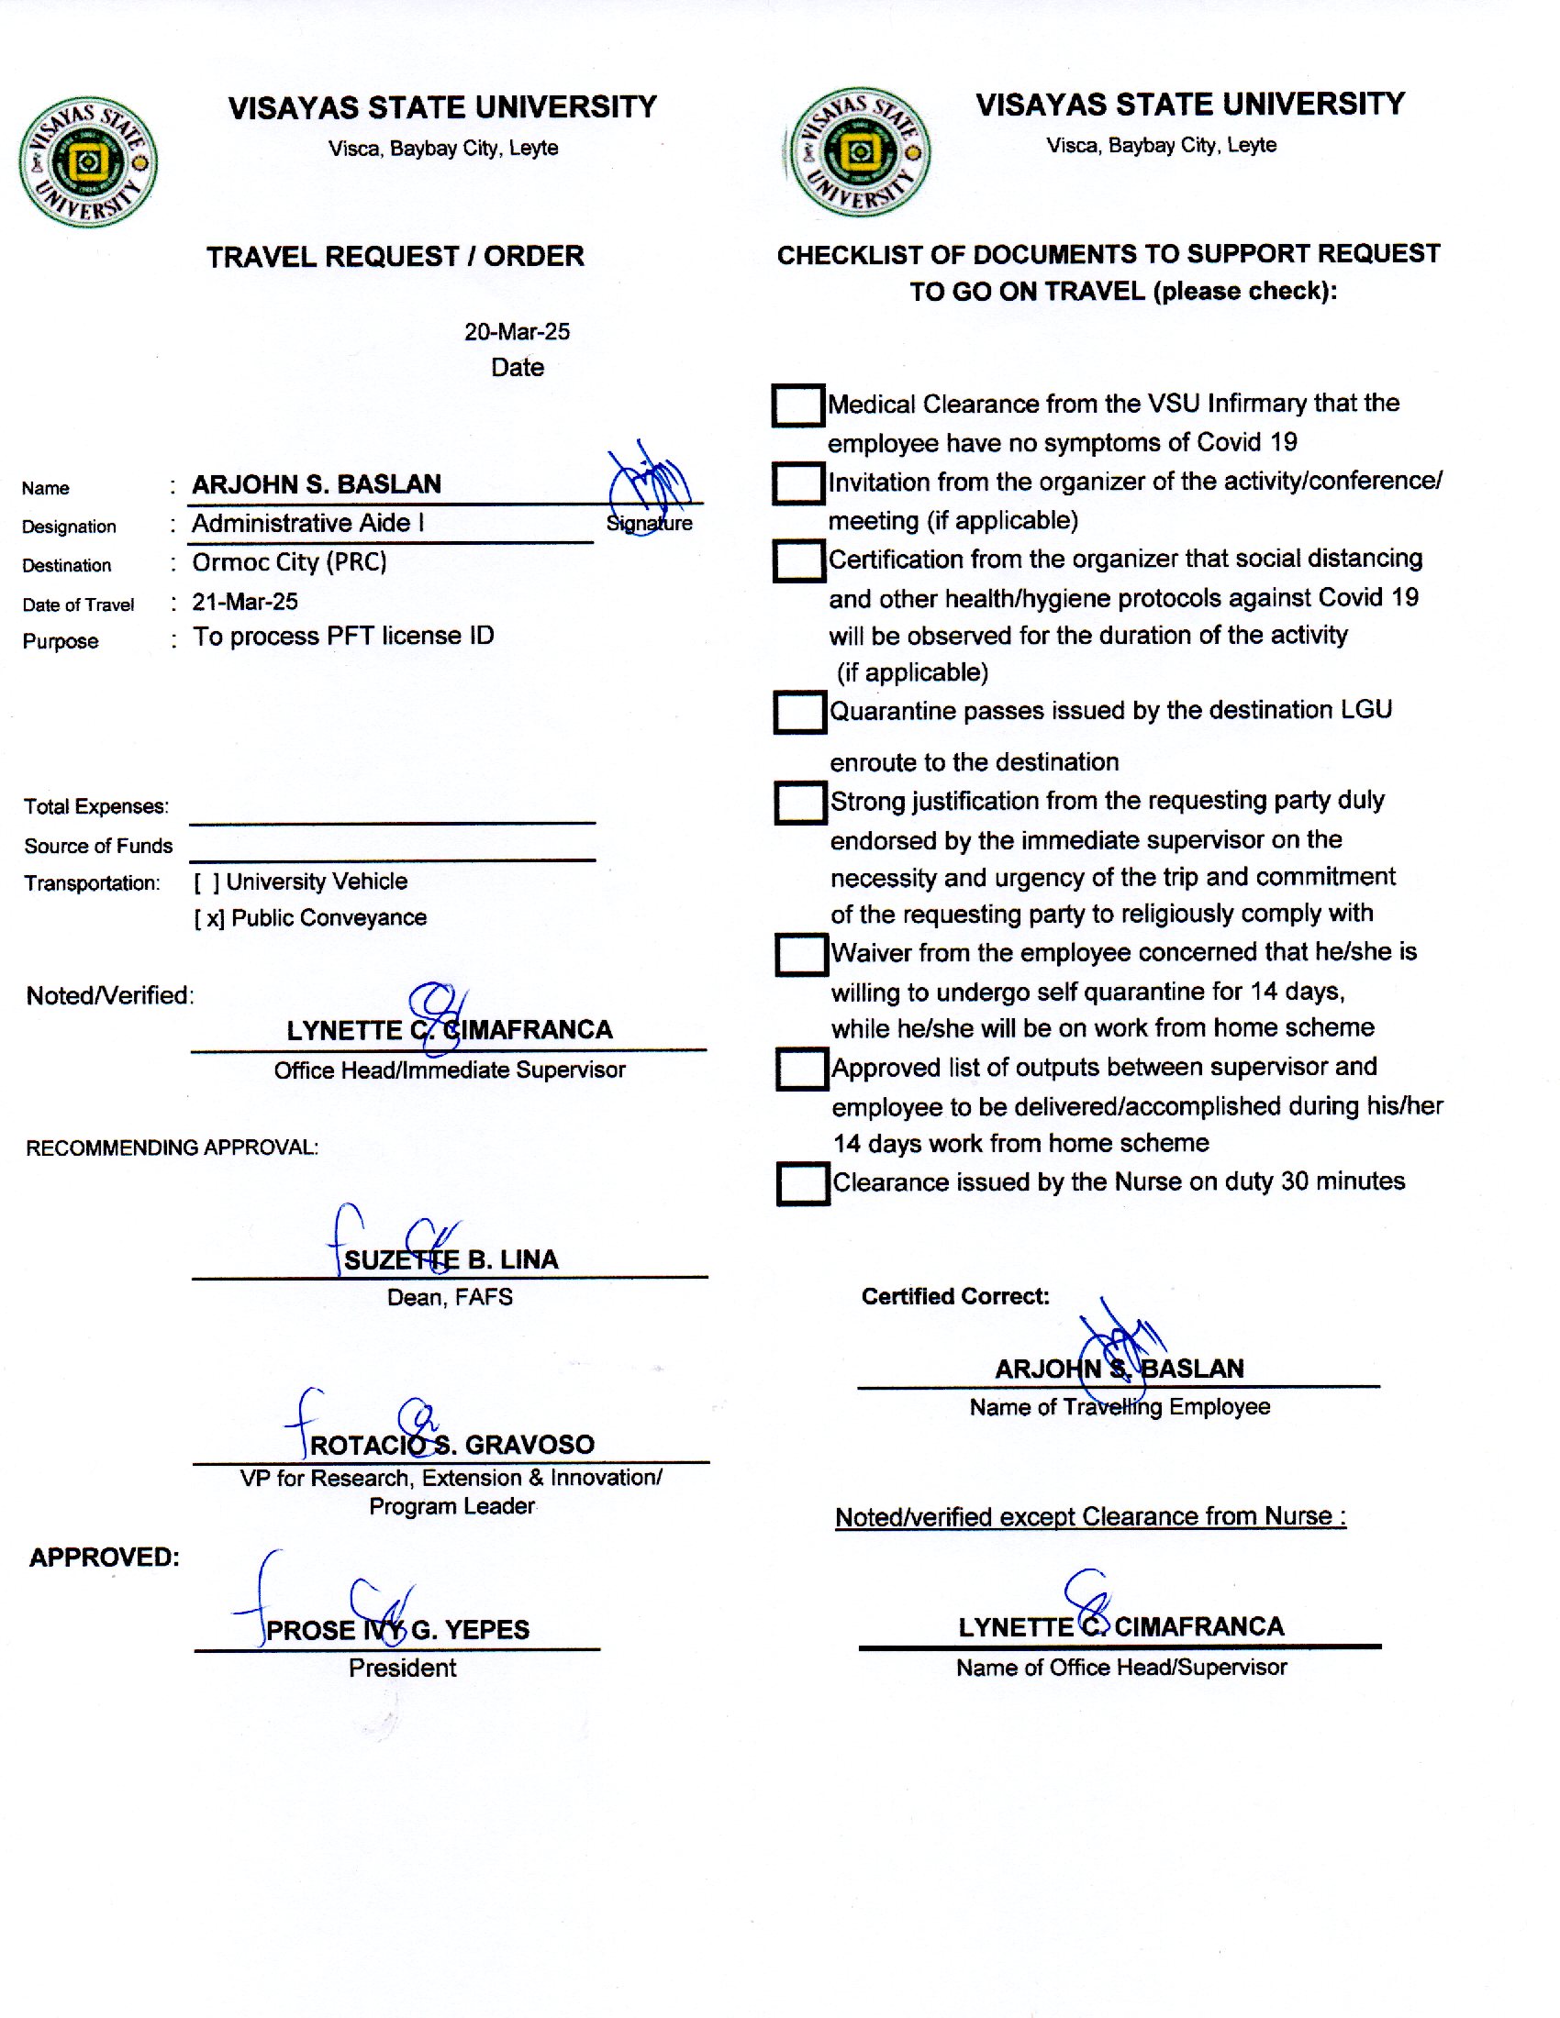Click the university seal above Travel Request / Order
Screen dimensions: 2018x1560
(88, 162)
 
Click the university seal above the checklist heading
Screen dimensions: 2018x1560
(858, 152)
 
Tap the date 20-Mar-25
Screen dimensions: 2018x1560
(517, 332)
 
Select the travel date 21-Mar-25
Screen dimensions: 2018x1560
(245, 602)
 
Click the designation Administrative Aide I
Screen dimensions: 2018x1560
(307, 523)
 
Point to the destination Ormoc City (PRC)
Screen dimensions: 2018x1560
(289, 561)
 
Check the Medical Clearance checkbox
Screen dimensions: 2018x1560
(797, 405)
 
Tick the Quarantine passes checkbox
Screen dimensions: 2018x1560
(799, 712)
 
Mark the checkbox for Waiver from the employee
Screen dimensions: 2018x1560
(800, 955)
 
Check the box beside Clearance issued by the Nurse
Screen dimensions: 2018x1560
(802, 1183)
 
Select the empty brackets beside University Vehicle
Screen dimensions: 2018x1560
(207, 882)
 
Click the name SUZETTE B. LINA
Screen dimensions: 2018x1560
(451, 1259)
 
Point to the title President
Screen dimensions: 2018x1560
(402, 1668)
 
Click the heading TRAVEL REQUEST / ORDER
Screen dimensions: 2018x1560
(395, 256)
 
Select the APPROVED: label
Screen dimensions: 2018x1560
(105, 1557)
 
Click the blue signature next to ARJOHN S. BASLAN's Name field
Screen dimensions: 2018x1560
(651, 480)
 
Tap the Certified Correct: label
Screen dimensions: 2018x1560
(954, 1296)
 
